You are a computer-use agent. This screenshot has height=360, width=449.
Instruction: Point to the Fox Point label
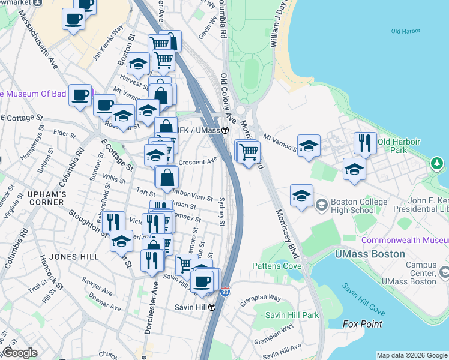(x=363, y=324)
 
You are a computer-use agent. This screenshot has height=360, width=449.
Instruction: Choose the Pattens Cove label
(x=277, y=265)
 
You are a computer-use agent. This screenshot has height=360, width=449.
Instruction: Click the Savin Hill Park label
(x=292, y=314)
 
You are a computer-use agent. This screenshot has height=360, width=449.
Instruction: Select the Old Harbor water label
(x=403, y=31)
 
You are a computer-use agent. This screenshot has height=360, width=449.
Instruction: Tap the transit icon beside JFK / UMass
(x=225, y=130)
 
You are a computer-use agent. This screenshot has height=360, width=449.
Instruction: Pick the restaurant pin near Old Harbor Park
(x=365, y=143)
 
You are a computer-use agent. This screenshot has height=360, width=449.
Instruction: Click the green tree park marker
(x=438, y=163)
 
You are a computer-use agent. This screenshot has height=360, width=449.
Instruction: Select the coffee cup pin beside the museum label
(x=80, y=95)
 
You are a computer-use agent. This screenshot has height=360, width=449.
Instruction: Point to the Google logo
(x=20, y=353)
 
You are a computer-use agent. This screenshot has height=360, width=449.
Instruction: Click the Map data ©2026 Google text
(x=411, y=355)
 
